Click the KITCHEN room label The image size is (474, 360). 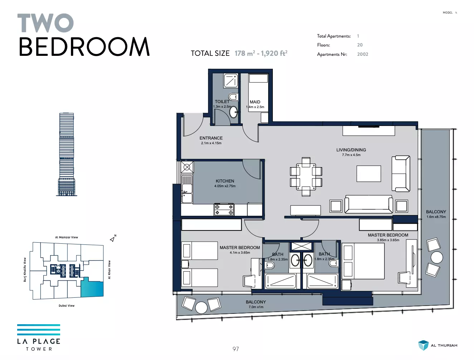225,181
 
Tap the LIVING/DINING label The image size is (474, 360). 351,150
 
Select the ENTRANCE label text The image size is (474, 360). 211,138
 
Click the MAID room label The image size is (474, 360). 255,102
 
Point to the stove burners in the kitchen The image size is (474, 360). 224,209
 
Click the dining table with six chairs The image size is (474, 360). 306,177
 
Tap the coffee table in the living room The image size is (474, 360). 369,174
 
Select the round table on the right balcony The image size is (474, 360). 437,257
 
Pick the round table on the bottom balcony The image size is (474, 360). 201,307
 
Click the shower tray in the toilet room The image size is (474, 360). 231,81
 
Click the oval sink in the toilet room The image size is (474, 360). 233,112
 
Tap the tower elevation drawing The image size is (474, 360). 67,154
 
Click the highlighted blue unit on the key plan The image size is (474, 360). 92,287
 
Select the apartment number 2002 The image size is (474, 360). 363,54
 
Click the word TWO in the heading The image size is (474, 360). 45,23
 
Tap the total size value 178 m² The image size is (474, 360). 245,53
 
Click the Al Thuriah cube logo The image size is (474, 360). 423,345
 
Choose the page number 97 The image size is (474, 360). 236,349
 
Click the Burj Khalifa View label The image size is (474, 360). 25,269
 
